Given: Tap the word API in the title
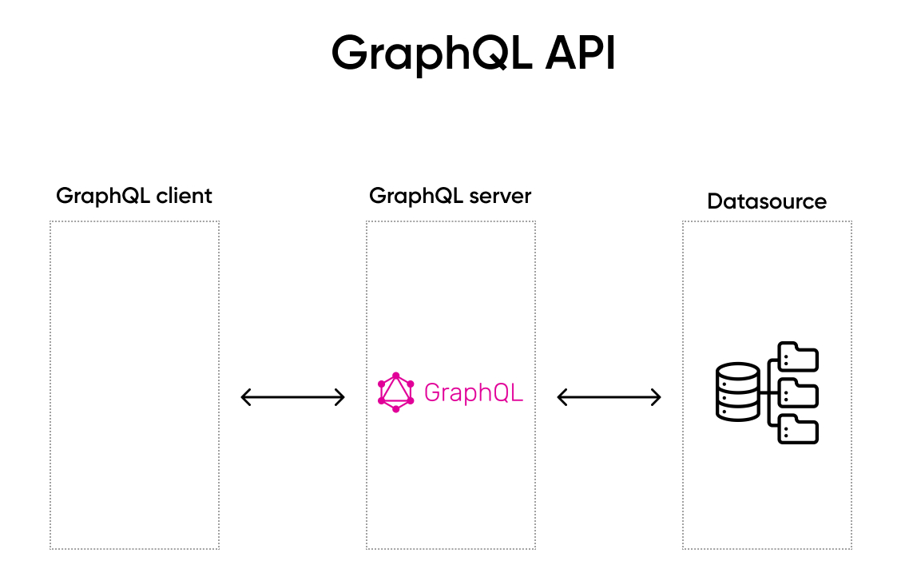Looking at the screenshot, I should [581, 53].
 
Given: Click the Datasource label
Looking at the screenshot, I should [767, 201].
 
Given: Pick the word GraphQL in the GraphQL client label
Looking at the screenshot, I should [95, 197].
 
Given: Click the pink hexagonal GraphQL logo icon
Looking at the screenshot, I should [395, 392].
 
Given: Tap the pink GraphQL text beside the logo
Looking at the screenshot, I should [474, 392].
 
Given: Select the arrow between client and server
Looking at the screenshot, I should [293, 396].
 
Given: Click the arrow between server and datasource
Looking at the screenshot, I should [609, 396].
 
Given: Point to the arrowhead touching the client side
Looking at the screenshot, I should [246, 396].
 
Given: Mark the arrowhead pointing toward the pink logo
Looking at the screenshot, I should [340, 396].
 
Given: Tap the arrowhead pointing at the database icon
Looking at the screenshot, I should [657, 396].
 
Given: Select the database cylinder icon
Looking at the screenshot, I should [737, 392].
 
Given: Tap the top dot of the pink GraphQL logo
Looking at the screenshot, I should [395, 375].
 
